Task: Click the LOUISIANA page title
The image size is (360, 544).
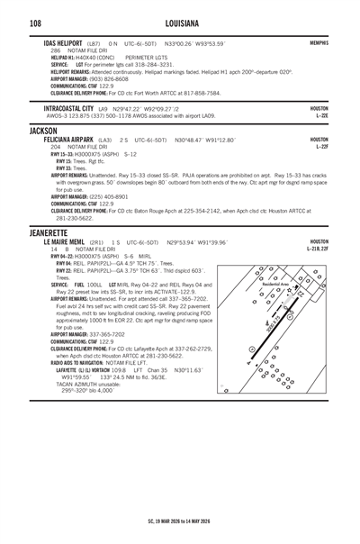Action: pyautogui.click(x=179, y=21)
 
